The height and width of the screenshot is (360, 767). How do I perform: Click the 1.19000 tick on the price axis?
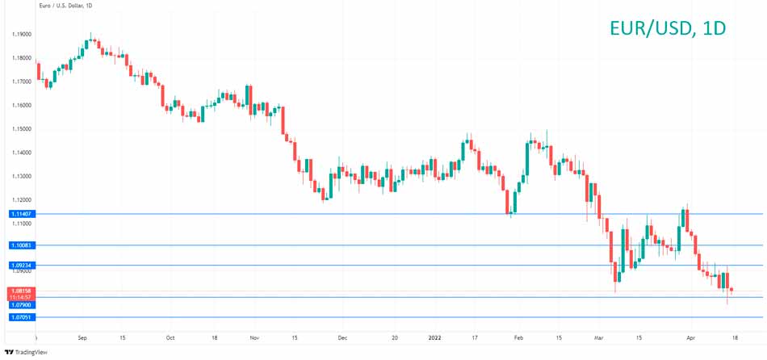coord(21,35)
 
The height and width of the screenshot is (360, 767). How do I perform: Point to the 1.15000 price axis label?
coord(21,129)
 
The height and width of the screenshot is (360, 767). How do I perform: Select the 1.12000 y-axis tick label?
coord(21,199)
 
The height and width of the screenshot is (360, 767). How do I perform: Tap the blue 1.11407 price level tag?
coord(21,214)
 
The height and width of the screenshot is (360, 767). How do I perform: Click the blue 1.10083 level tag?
coord(21,245)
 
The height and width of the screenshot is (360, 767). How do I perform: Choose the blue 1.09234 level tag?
coord(21,265)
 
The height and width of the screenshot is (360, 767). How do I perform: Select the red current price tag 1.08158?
coord(21,291)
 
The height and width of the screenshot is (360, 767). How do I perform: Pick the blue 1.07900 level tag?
coord(21,304)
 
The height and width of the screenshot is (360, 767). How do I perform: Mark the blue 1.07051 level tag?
coord(21,317)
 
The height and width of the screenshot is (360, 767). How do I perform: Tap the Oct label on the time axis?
coord(170,337)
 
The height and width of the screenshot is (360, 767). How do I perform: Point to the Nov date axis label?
coord(255,337)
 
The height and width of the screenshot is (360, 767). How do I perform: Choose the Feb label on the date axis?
coord(518,337)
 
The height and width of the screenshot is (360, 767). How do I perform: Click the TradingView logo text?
coord(31,352)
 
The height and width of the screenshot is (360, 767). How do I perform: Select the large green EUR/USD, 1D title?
coord(667,28)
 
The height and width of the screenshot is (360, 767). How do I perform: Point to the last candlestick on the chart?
coord(731,290)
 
